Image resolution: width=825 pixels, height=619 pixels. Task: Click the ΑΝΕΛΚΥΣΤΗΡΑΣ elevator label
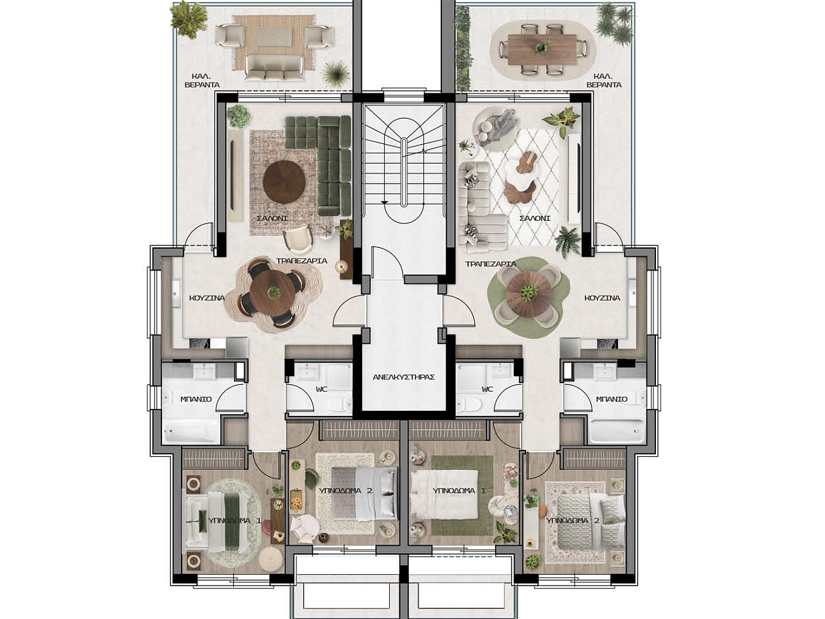tap(404, 377)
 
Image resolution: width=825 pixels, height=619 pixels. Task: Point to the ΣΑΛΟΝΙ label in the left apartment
tap(272, 218)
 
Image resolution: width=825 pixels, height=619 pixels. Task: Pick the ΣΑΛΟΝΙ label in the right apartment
tap(534, 218)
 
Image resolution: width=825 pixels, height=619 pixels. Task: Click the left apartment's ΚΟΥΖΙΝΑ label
tap(207, 298)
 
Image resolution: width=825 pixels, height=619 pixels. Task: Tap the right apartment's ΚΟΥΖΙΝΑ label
tap(602, 298)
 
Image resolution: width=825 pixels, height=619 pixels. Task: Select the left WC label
tap(322, 389)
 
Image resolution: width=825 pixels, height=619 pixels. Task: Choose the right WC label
tap(487, 389)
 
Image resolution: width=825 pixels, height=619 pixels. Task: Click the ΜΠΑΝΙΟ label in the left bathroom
tap(196, 399)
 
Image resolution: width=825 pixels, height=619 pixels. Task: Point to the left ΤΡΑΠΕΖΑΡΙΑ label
tap(301, 261)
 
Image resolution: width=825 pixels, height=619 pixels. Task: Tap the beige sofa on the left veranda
tap(274, 67)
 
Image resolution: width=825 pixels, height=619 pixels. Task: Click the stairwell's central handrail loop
tap(403, 172)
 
